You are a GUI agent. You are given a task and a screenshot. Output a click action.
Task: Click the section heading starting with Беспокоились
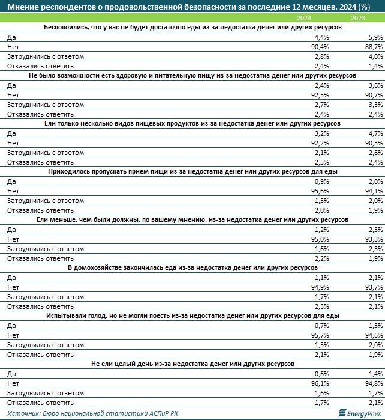click(x=192, y=28)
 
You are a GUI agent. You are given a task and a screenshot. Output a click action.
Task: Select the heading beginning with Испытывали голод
click(x=192, y=316)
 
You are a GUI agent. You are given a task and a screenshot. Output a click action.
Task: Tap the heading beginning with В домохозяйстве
click(x=192, y=268)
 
